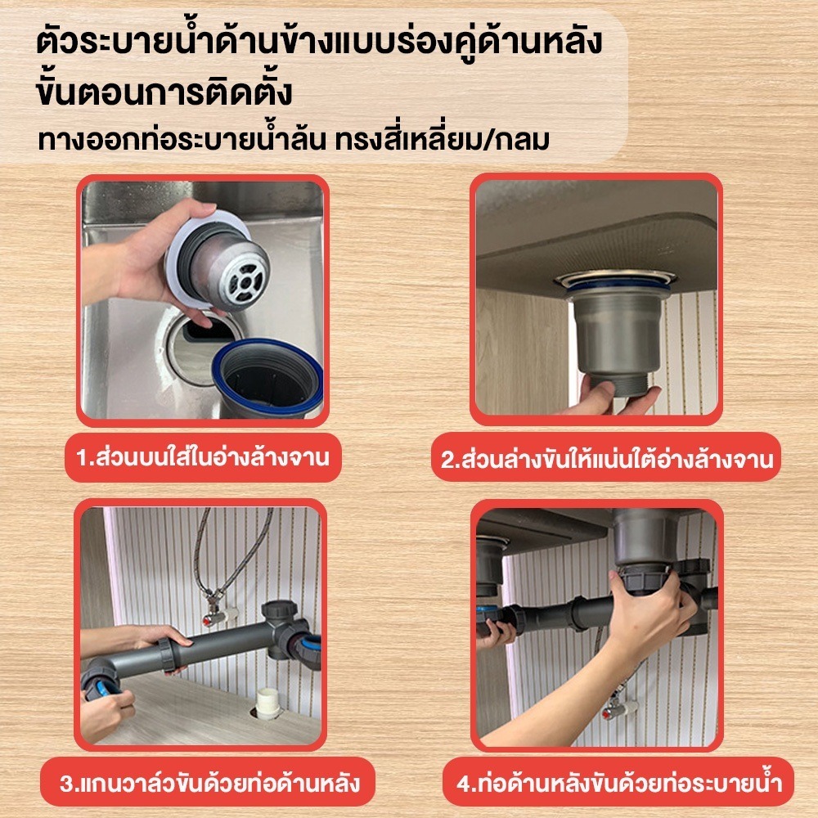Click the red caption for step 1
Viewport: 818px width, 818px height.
click(203, 457)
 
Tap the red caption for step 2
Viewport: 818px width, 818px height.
click(605, 459)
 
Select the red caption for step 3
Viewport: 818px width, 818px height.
click(208, 783)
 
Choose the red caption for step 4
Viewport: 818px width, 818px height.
click(618, 783)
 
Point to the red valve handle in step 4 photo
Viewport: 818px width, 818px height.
click(609, 712)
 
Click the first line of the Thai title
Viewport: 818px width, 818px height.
click(319, 42)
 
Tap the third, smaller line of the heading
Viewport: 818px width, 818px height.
click(294, 139)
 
